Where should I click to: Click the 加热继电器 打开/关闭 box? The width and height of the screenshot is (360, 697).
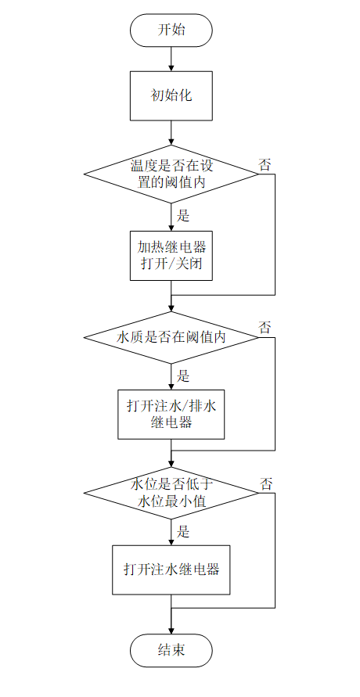click(171, 255)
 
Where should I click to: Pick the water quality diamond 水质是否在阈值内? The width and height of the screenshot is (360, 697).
click(171, 337)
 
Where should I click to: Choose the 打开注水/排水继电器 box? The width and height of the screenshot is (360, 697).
click(171, 414)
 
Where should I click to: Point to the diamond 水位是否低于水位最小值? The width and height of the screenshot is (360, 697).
click(171, 493)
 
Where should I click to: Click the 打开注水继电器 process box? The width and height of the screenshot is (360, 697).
click(171, 569)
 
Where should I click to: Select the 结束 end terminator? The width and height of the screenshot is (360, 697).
click(171, 650)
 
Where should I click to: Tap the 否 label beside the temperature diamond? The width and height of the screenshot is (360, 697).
click(265, 164)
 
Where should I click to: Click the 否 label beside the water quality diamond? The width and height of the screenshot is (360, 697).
click(265, 327)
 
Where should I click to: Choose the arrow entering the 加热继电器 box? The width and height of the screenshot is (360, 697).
click(171, 216)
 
